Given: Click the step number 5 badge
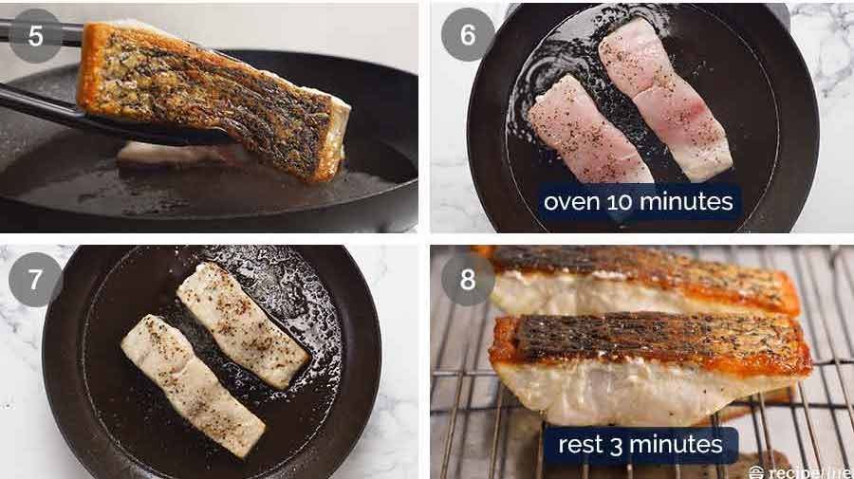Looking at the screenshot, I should point(36,35).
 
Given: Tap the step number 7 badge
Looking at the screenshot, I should point(35,280).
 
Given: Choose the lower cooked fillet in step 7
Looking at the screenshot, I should point(194,384).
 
